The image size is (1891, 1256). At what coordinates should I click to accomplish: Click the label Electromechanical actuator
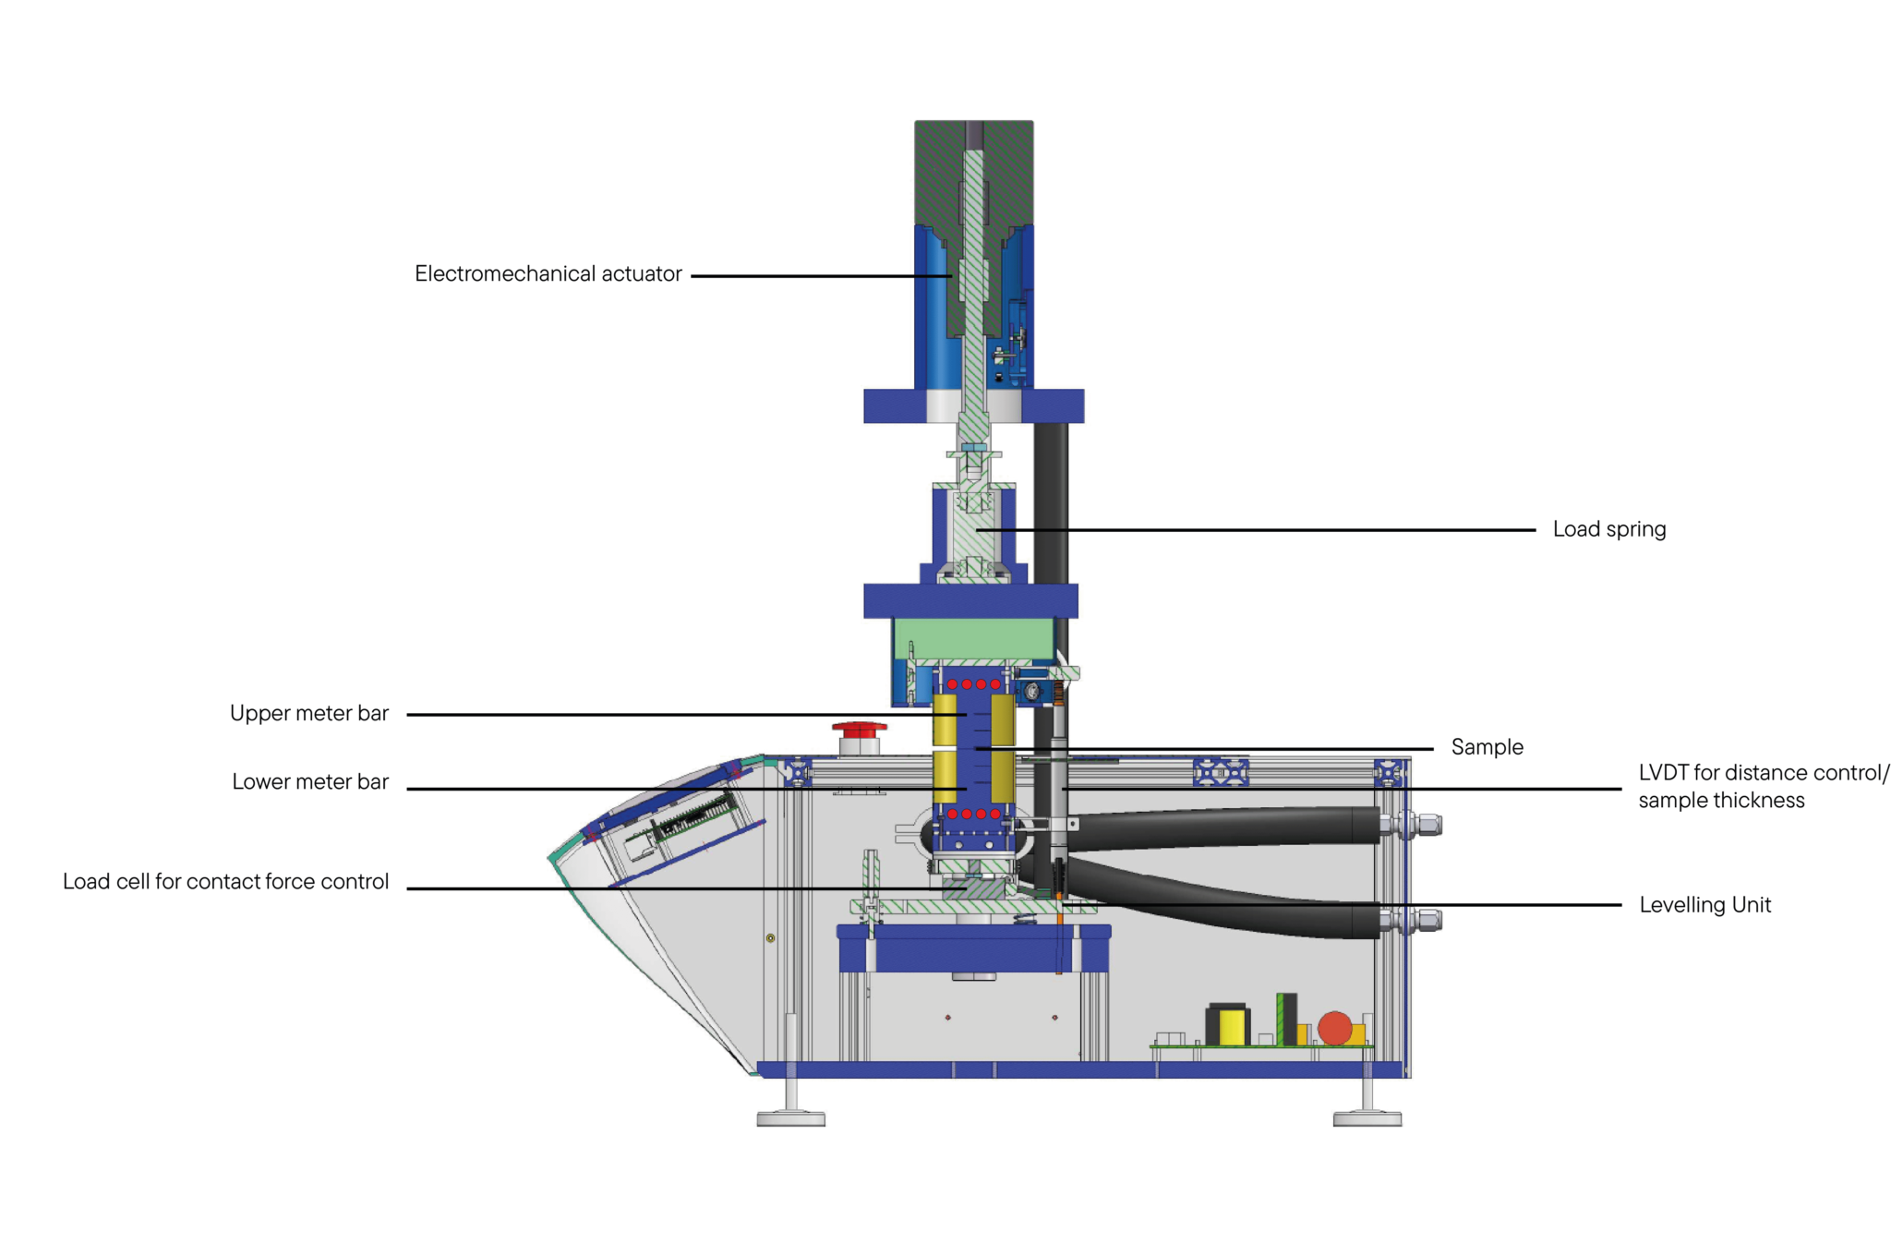coord(548,274)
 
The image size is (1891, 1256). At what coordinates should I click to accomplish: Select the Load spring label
coord(1608,529)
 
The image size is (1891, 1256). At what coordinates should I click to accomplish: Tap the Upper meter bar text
coord(309,713)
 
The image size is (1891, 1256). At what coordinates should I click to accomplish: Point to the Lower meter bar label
coord(310,782)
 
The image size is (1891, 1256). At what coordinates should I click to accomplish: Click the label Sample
coord(1487,747)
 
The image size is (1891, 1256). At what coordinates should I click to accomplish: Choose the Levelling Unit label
coord(1704,905)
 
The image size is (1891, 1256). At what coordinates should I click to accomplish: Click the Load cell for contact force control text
coord(225,882)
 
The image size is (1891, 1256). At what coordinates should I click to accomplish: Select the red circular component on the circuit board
coord(1334,1028)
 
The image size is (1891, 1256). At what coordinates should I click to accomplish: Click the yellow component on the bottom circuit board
coord(1232,1027)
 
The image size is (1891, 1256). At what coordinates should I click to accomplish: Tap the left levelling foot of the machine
coord(790,1118)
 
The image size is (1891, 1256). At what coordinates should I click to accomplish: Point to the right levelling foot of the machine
coord(1367,1118)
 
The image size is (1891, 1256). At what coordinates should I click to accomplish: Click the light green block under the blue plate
coord(973,638)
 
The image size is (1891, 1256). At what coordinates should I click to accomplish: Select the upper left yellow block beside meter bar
coord(945,719)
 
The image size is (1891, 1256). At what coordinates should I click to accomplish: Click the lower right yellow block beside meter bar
coord(1002,777)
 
